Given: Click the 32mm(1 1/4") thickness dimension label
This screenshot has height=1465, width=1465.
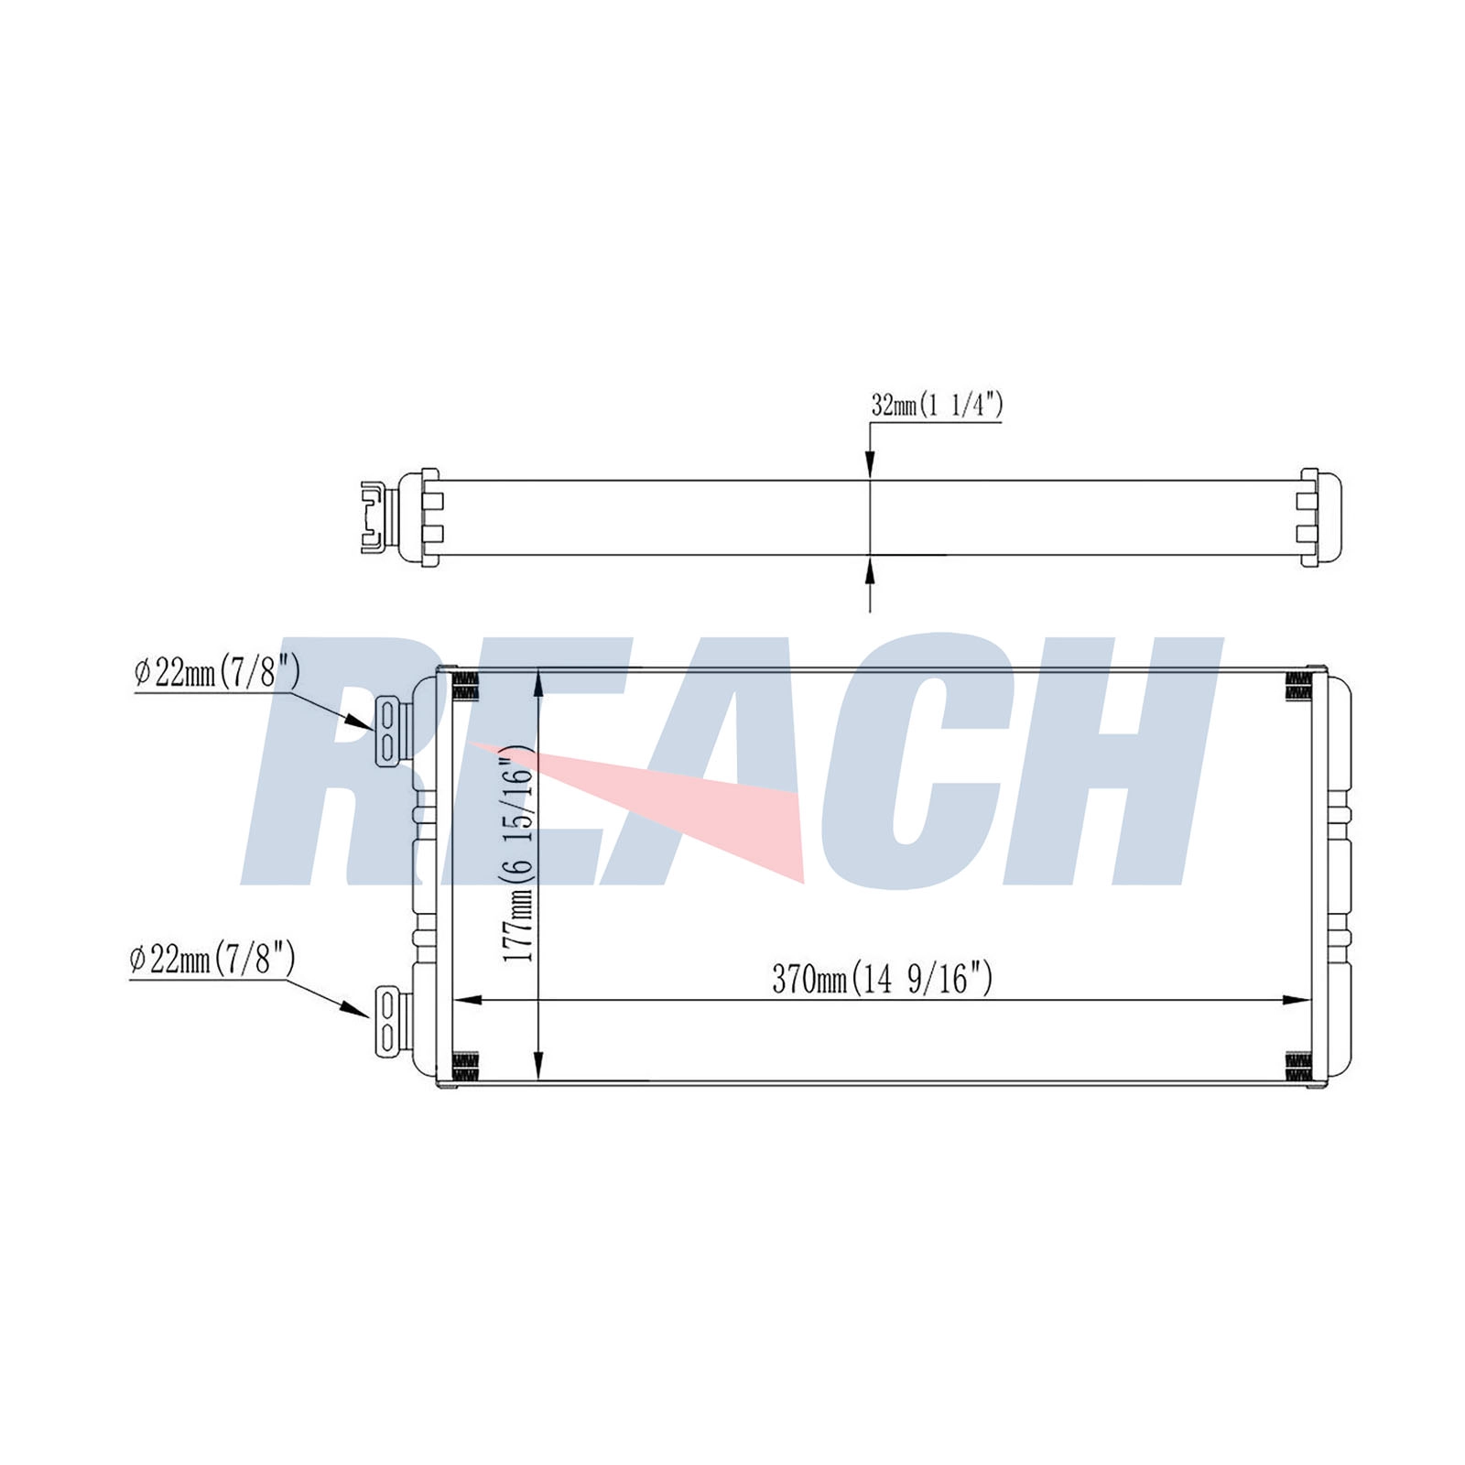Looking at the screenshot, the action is click(x=936, y=405).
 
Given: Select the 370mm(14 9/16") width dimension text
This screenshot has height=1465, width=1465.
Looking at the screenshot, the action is click(x=882, y=979).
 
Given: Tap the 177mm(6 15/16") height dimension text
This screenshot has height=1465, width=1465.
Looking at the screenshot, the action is click(x=517, y=853).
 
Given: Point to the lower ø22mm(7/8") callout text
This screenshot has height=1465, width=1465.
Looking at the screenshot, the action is click(x=212, y=960).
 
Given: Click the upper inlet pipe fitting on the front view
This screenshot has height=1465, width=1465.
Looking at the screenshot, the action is click(x=388, y=731).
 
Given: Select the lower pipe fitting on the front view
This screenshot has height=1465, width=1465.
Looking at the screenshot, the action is click(x=388, y=1021).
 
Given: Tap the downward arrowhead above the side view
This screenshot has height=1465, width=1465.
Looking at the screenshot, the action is click(x=870, y=464).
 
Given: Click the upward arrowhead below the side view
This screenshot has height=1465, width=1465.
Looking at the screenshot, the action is click(x=870, y=570).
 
